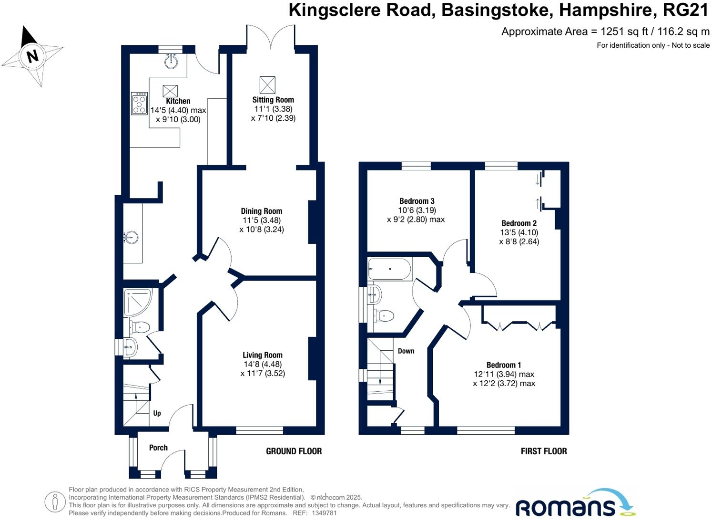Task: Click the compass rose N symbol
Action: pyautogui.click(x=32, y=56)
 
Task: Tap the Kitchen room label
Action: pyautogui.click(x=178, y=101)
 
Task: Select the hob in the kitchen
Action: pyautogui.click(x=139, y=104)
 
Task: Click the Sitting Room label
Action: pyautogui.click(x=273, y=100)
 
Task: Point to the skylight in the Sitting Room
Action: pyautogui.click(x=267, y=85)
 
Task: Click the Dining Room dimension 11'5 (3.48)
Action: pyautogui.click(x=262, y=220)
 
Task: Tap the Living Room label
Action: pyautogui.click(x=263, y=355)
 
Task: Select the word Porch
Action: pyautogui.click(x=158, y=448)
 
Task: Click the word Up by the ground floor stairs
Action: pyautogui.click(x=157, y=413)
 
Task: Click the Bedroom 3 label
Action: pyautogui.click(x=417, y=201)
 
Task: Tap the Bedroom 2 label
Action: pyautogui.click(x=519, y=223)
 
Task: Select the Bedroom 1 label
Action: pyautogui.click(x=504, y=365)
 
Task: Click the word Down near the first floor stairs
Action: pyautogui.click(x=406, y=351)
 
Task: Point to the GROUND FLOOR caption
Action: pyautogui.click(x=294, y=451)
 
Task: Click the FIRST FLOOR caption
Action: pyautogui.click(x=544, y=451)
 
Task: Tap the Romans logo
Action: pyautogui.click(x=575, y=504)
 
